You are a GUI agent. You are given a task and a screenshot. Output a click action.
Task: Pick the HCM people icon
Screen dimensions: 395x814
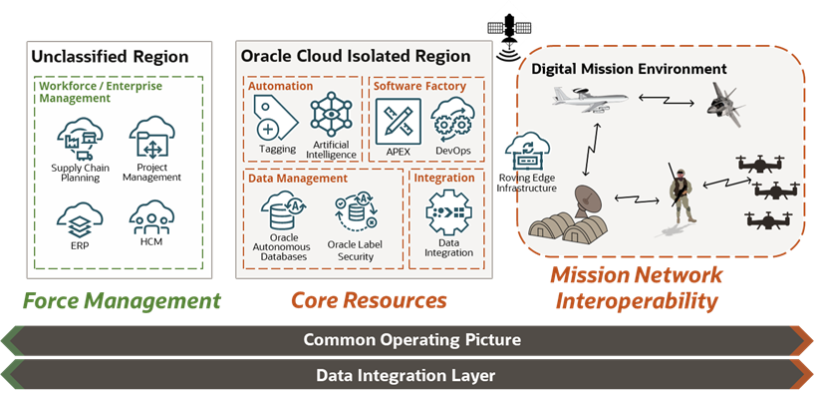(x=150, y=214)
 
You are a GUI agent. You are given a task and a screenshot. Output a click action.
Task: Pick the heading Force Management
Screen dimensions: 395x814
(x=122, y=299)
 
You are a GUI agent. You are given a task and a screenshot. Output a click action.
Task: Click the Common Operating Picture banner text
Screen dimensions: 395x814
(x=411, y=340)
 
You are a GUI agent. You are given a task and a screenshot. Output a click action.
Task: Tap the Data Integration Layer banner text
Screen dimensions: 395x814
(x=406, y=376)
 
